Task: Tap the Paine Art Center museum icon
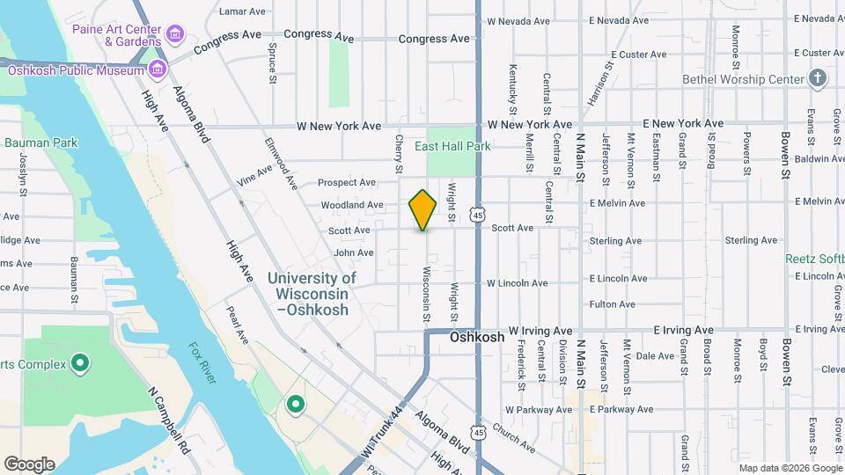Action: tap(176, 34)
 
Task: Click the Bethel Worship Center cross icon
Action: tap(818, 78)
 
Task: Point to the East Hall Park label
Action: tap(452, 146)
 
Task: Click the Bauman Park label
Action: tap(40, 142)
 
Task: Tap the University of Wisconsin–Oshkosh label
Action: tap(312, 294)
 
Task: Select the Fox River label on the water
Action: tap(202, 363)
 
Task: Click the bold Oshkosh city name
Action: tap(477, 337)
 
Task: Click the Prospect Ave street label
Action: tap(347, 182)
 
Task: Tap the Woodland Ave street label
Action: tap(352, 205)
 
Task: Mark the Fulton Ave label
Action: tap(613, 304)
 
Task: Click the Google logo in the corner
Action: tap(29, 464)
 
